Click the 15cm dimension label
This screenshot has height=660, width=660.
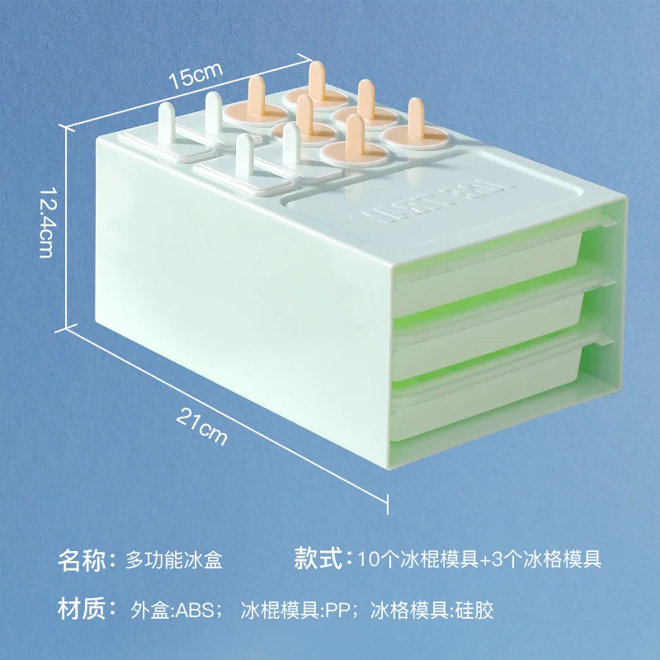pyautogui.click(x=196, y=77)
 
